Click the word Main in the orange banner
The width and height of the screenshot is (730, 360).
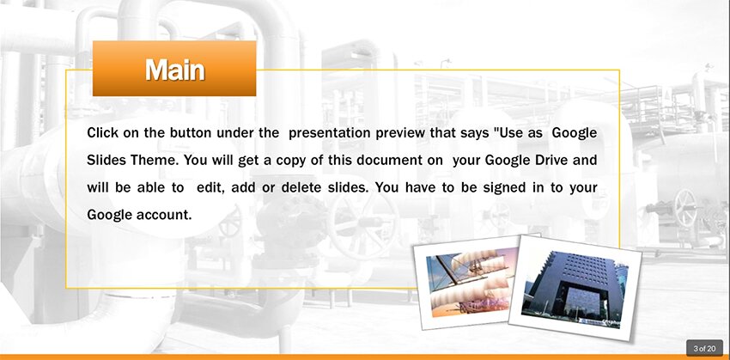pyautogui.click(x=174, y=70)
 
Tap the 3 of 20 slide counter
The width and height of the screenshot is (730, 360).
pyautogui.click(x=704, y=348)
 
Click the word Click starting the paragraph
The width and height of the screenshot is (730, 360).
pyautogui.click(x=102, y=132)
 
